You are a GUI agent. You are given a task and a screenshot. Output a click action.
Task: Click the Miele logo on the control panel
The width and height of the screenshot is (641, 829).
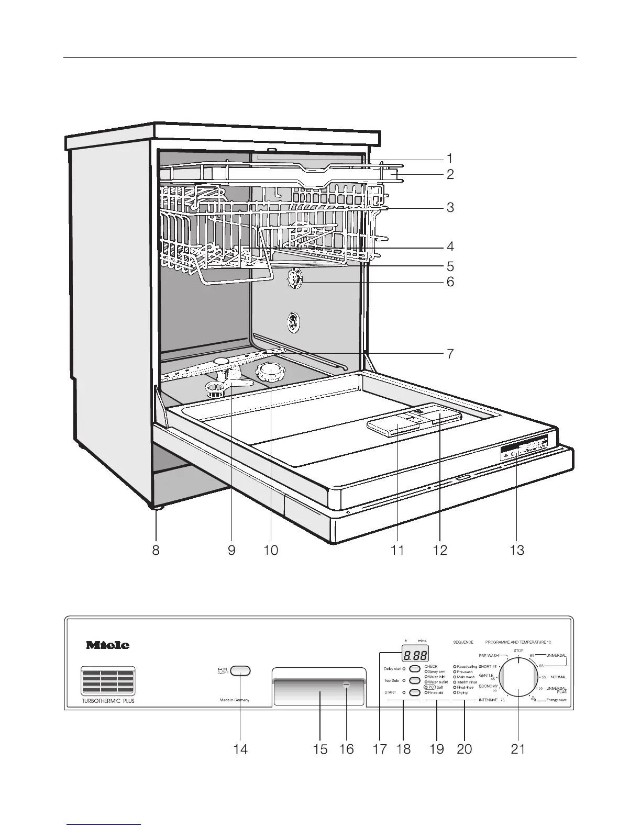coord(107,645)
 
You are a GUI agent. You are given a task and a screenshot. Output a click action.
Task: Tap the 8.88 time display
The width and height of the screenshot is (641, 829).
coord(414,654)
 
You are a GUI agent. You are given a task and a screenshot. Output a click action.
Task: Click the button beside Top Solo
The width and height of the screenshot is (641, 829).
coord(415,680)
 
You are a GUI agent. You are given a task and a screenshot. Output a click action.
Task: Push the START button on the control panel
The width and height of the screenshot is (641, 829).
coord(415,692)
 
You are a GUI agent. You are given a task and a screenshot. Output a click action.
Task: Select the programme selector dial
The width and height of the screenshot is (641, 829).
coord(518,678)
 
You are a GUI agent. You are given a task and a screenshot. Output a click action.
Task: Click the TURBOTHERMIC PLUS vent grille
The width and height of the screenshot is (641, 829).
coord(107,681)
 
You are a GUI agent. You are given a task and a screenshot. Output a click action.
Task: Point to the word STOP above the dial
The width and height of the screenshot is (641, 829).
coord(518,651)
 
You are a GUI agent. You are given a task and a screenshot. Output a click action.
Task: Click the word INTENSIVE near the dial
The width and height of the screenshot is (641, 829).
coord(488,700)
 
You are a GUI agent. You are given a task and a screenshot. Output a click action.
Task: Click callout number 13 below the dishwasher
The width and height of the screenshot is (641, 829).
coord(517,550)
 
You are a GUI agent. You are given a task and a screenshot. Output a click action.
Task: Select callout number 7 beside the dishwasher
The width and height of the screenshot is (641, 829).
coord(450,353)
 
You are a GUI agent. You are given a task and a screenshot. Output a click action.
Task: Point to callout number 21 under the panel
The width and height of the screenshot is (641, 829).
coord(517,749)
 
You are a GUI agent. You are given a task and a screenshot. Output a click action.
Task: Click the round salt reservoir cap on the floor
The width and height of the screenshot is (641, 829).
coord(271,372)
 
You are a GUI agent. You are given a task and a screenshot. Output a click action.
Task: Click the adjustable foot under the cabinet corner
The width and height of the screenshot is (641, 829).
coord(156,506)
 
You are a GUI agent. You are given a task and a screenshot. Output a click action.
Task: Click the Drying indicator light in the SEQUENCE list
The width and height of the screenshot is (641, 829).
coord(455,692)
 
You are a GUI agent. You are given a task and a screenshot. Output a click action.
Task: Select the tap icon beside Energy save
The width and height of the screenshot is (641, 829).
coord(534,699)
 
